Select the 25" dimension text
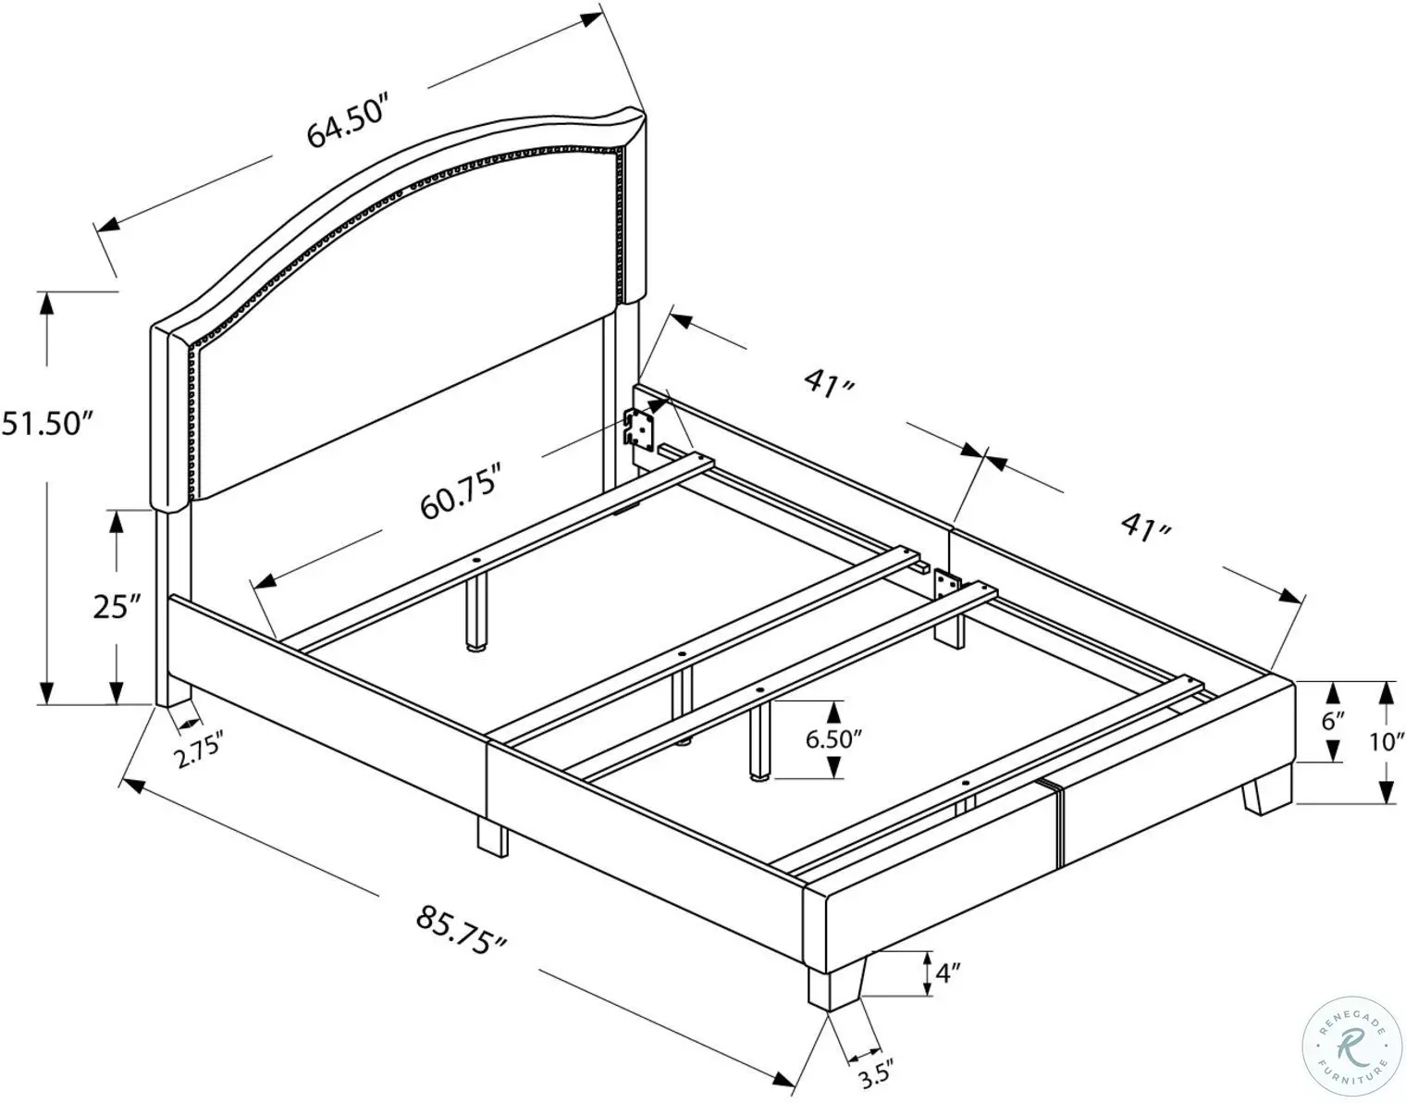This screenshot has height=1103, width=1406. coord(117,606)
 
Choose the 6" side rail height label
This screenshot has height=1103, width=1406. coord(1332,721)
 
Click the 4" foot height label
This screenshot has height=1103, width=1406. coord(948,973)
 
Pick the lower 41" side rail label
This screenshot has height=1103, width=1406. coord(1146,527)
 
